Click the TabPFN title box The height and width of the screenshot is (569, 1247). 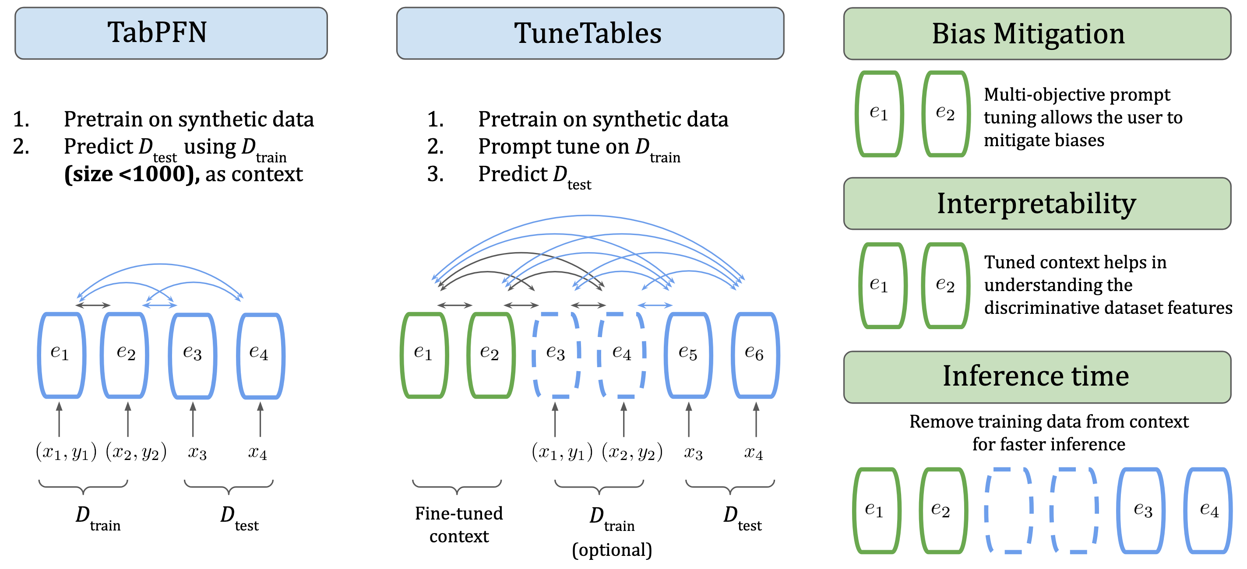click(171, 33)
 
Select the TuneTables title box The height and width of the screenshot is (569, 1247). click(590, 33)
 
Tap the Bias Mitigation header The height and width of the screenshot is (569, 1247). click(1036, 33)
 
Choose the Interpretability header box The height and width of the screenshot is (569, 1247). click(1036, 203)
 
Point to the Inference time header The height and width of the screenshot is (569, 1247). click(1036, 376)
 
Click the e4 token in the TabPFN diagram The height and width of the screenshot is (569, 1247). click(260, 355)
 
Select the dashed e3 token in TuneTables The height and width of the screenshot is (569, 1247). click(556, 355)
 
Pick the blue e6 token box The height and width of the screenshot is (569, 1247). click(755, 355)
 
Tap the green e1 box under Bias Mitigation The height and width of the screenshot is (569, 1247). click(879, 114)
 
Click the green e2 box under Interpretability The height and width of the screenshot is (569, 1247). click(945, 285)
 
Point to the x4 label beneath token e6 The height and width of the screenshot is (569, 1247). click(753, 453)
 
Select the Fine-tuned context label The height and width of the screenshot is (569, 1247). click(458, 524)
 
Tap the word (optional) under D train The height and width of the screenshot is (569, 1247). click(612, 550)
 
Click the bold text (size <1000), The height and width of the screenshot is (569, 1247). click(132, 174)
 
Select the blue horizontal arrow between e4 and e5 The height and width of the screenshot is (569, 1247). click(655, 306)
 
